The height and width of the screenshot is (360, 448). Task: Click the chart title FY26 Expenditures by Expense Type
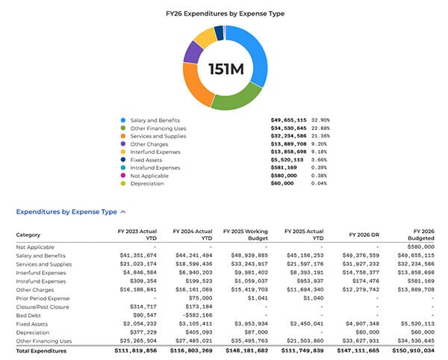point(225,13)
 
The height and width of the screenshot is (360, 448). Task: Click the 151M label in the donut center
point(225,69)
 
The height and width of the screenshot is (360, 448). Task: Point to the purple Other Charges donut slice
point(192,52)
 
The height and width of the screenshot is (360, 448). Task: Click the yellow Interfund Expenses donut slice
point(204,37)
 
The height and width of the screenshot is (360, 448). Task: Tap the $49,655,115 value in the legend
point(288,120)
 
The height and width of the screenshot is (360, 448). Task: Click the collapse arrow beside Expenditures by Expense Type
point(123,213)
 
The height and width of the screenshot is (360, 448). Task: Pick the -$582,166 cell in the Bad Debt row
point(195,315)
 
